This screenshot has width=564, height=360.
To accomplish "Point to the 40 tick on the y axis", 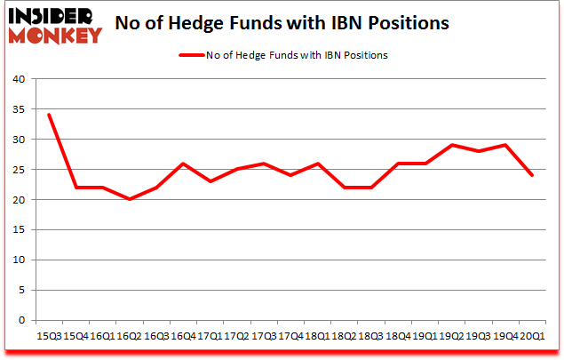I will point(18,79).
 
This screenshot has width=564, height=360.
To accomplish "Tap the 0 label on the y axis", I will point(20,320).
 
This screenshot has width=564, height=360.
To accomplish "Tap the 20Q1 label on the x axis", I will point(533,336).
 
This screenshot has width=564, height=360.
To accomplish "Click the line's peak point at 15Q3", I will point(48,115).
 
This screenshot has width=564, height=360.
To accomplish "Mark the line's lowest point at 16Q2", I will point(130,199).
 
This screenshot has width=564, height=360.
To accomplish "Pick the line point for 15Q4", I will point(77,188).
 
